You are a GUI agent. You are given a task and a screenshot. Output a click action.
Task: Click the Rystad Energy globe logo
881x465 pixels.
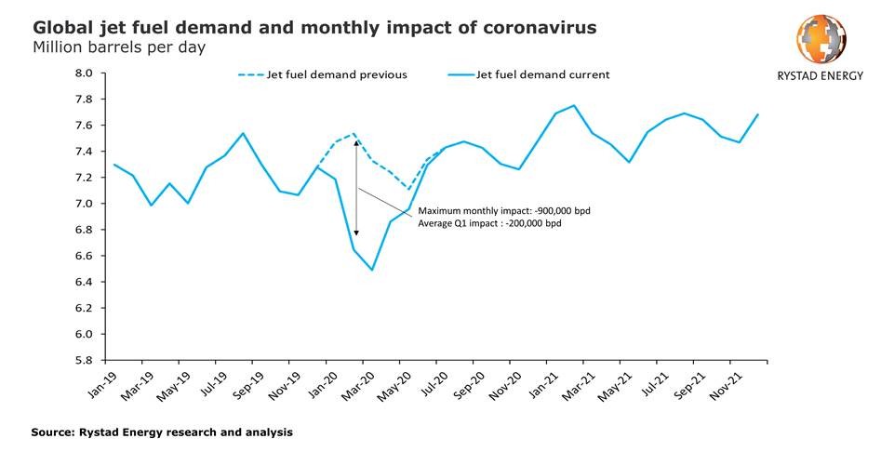pyautogui.click(x=821, y=38)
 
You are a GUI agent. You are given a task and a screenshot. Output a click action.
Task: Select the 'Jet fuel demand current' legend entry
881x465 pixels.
pyautogui.click(x=542, y=74)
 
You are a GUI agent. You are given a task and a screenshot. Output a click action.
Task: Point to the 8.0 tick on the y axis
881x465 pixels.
pyautogui.click(x=84, y=73)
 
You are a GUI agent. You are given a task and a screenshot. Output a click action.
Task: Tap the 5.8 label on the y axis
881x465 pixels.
pyautogui.click(x=84, y=360)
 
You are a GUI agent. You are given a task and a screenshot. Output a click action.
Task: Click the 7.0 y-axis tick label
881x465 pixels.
pyautogui.click(x=84, y=204)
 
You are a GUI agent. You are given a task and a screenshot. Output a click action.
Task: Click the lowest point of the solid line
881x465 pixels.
pyautogui.click(x=372, y=270)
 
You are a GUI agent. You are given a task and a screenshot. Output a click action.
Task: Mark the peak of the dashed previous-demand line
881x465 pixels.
pyautogui.click(x=354, y=134)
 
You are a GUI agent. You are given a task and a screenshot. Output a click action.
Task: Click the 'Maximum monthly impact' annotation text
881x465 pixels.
pyautogui.click(x=504, y=211)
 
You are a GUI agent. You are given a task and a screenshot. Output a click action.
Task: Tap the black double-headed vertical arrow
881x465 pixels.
pyautogui.click(x=355, y=186)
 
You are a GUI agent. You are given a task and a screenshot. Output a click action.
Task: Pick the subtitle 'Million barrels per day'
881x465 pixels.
pyautogui.click(x=119, y=46)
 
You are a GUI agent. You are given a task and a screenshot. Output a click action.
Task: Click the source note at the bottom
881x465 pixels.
pyautogui.click(x=163, y=432)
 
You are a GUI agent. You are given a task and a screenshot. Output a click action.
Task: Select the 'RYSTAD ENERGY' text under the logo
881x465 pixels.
pyautogui.click(x=821, y=77)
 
